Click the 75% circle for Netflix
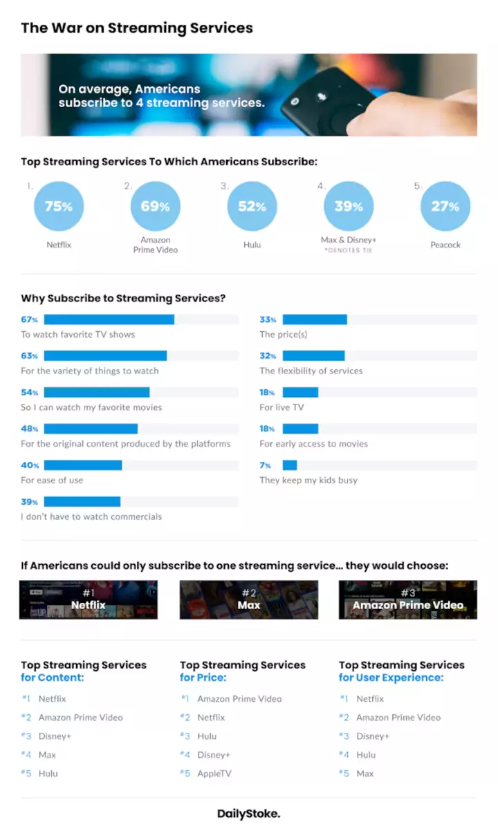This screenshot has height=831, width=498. (59, 206)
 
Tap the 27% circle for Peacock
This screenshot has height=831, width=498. (445, 206)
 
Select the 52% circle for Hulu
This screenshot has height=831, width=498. (252, 206)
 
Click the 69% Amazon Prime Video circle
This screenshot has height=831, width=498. (155, 206)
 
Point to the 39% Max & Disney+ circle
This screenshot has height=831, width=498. (349, 206)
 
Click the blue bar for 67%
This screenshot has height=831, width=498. (109, 319)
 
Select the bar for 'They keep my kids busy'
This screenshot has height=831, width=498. (290, 465)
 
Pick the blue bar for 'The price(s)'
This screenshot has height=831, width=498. (315, 319)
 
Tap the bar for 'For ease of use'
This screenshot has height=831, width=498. (83, 465)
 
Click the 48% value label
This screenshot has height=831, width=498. (30, 429)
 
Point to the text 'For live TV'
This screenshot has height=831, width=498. (282, 407)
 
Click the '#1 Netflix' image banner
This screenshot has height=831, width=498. (89, 599)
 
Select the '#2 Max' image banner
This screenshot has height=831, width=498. (249, 599)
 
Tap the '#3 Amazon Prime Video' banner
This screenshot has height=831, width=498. (408, 599)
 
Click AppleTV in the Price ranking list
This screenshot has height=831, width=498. (214, 773)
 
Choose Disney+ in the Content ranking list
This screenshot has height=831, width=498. (55, 736)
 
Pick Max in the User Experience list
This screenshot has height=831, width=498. (365, 773)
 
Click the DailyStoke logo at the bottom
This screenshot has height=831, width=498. (249, 814)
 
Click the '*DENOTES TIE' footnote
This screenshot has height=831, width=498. (349, 250)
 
